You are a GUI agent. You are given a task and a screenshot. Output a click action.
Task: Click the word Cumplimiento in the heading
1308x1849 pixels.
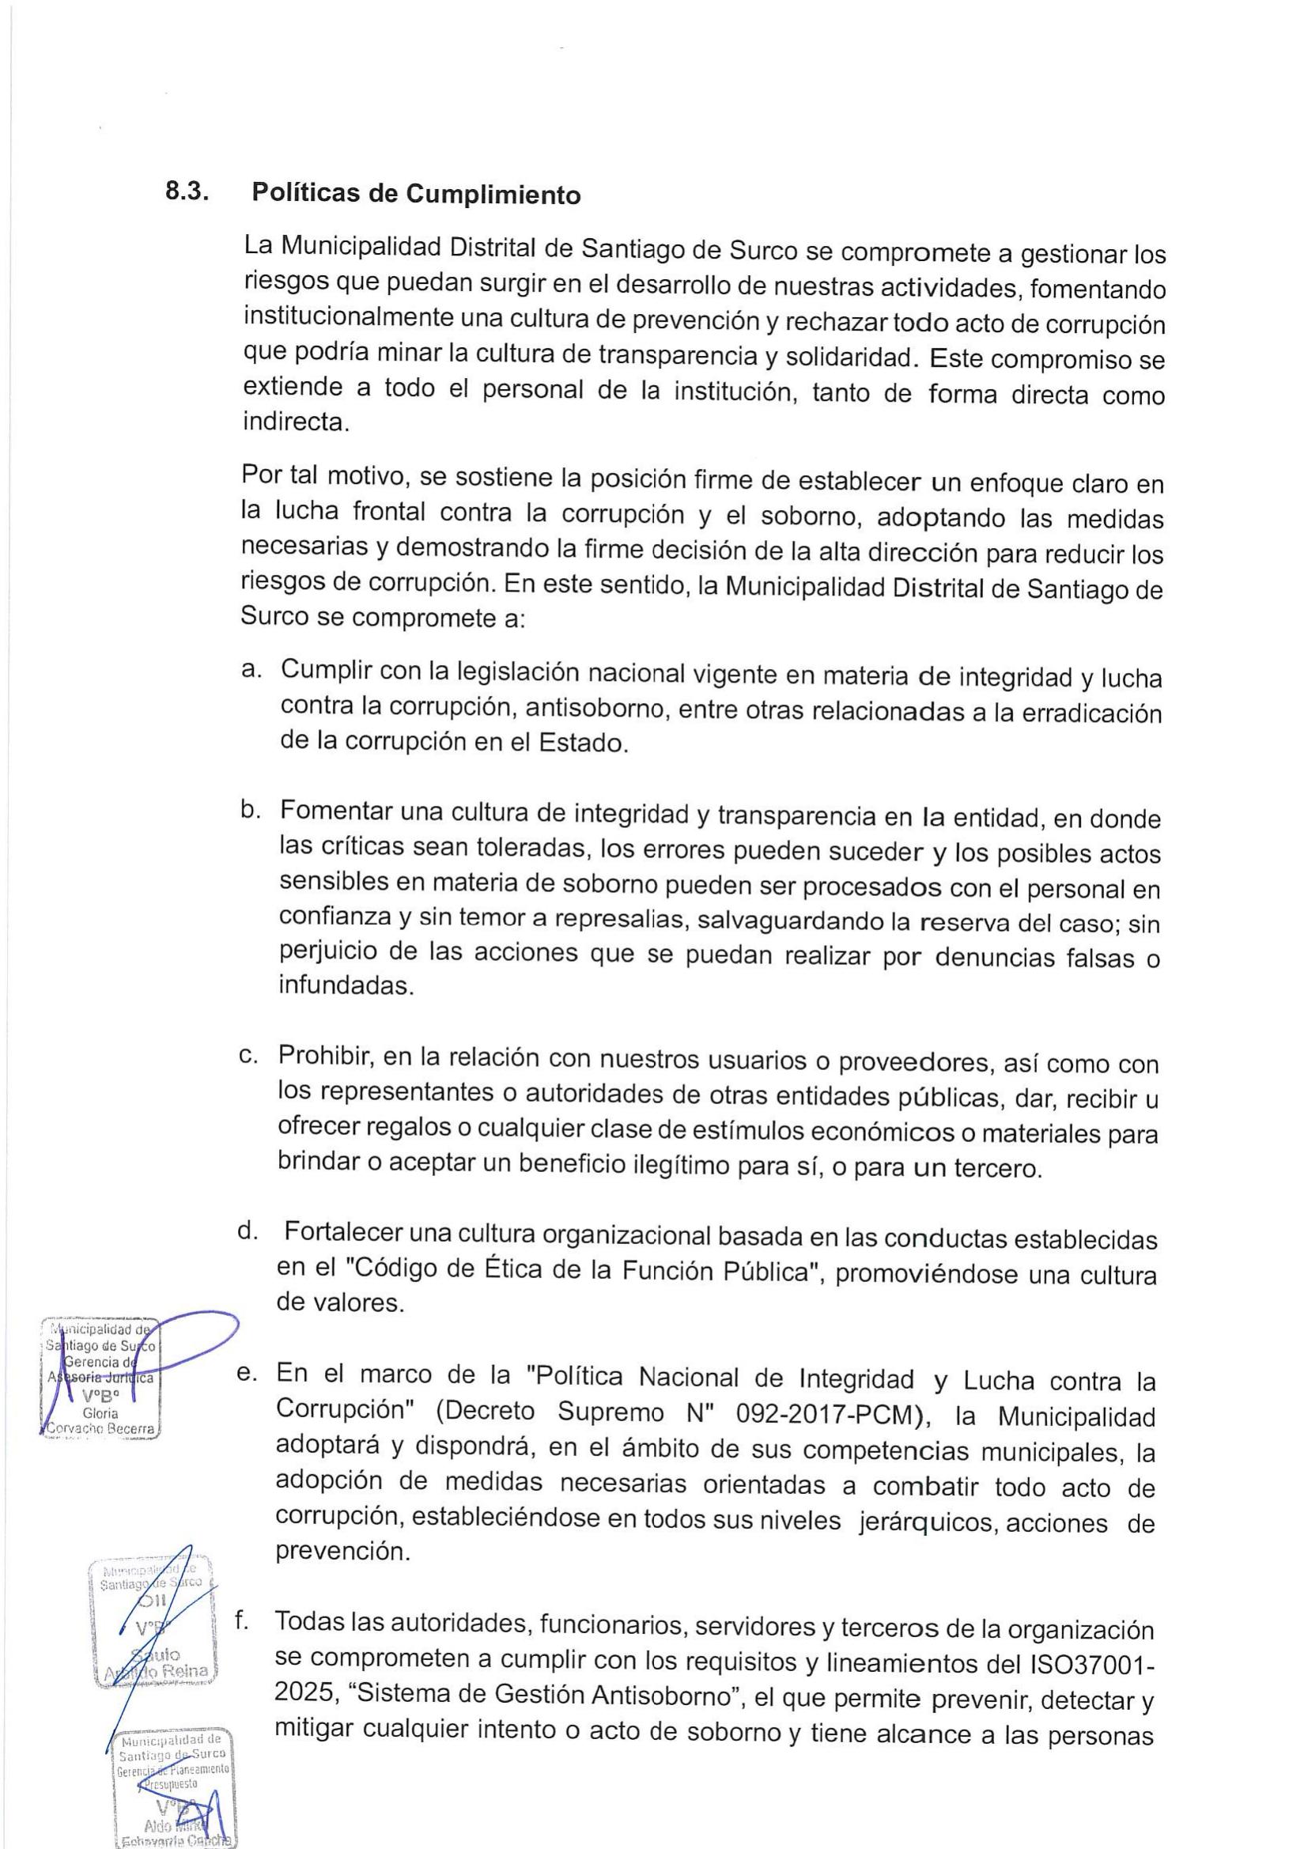493,195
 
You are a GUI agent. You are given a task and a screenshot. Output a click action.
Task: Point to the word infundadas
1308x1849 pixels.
345,985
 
